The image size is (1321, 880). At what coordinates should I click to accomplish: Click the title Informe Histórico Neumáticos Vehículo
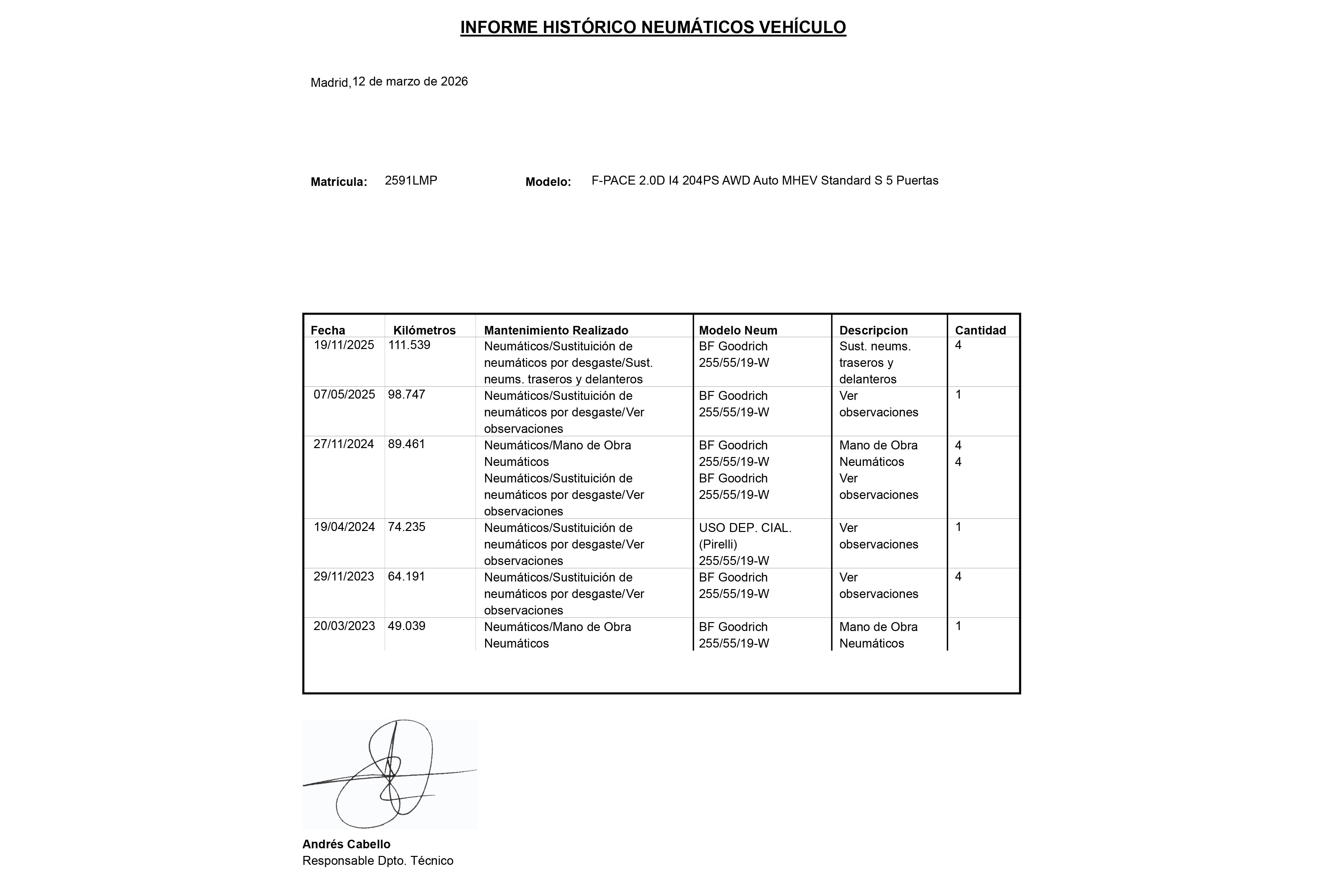click(x=653, y=27)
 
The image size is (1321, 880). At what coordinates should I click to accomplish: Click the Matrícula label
click(x=339, y=182)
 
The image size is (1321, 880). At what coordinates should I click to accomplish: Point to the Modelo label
click(x=548, y=182)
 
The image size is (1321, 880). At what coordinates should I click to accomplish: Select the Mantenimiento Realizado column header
click(x=556, y=331)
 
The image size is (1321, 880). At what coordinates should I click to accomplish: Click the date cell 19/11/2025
click(x=344, y=345)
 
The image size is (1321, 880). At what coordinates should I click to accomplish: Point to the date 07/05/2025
click(x=344, y=395)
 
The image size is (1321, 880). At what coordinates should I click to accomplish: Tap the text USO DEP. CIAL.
click(x=745, y=528)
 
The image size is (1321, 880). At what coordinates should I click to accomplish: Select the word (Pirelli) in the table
click(x=718, y=545)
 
